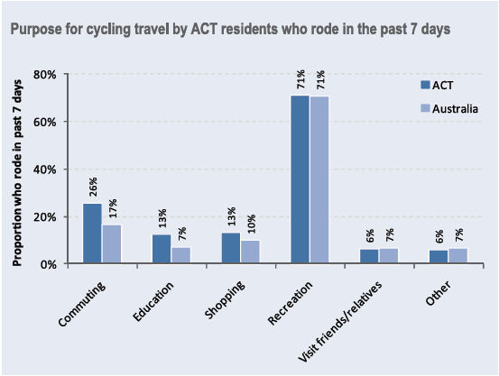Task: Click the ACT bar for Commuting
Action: click(x=92, y=234)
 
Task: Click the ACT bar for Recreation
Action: click(x=300, y=179)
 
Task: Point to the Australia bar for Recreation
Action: click(x=319, y=179)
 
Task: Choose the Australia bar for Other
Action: click(x=458, y=255)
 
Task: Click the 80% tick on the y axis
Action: click(x=45, y=74)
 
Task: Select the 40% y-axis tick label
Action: click(x=45, y=170)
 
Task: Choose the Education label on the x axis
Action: click(x=154, y=299)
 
